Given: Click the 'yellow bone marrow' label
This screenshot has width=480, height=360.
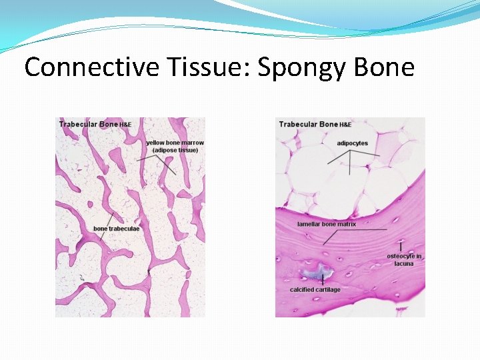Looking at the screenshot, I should [175, 143].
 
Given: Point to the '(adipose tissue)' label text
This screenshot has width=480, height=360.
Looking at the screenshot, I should [175, 150].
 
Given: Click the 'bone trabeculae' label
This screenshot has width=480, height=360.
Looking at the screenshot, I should [117, 229].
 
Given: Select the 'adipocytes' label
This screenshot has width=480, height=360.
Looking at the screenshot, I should [352, 143].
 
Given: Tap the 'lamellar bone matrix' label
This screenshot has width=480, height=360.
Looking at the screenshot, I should [327, 224].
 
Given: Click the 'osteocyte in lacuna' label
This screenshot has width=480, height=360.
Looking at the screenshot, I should [404, 259].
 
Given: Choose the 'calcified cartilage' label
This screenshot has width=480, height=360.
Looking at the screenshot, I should [315, 289].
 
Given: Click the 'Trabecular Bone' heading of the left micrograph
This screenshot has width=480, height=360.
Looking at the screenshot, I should [89, 124].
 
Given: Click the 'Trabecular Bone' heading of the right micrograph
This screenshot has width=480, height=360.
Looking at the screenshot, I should [309, 124].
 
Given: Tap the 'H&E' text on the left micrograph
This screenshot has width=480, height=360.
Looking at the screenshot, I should [126, 125].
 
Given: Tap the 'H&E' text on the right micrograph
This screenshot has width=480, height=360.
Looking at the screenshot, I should [345, 125].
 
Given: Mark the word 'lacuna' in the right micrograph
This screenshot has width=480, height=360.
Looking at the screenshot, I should [404, 263].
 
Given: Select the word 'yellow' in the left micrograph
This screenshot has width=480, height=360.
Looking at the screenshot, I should [155, 143].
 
